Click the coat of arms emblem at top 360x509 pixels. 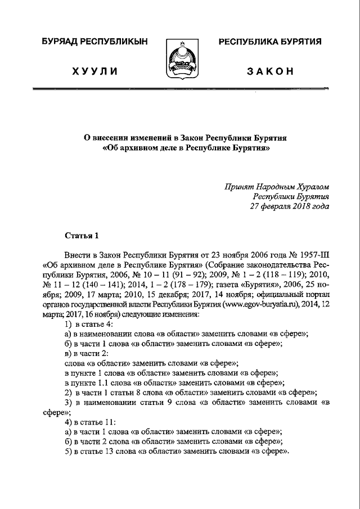[x=179, y=58]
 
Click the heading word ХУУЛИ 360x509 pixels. [x=95, y=71]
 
